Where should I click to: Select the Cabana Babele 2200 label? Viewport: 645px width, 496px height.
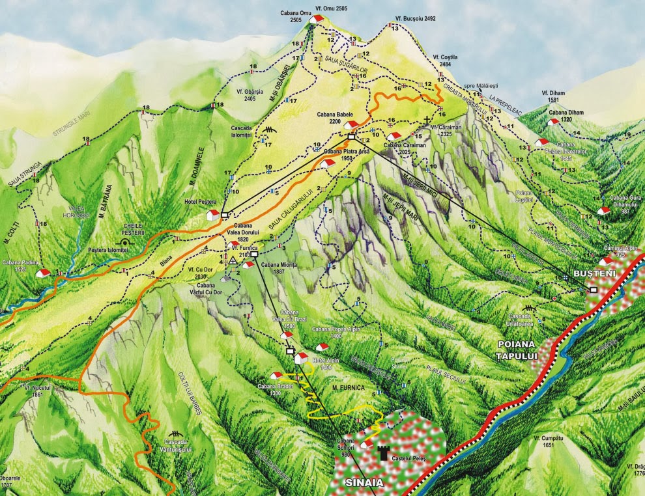point(335,118)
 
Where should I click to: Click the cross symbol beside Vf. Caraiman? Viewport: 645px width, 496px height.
point(426,120)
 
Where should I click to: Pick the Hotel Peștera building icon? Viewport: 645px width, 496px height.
point(212,214)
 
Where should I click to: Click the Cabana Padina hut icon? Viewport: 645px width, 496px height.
point(43,273)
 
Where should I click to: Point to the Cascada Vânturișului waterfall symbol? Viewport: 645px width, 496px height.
point(175,434)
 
